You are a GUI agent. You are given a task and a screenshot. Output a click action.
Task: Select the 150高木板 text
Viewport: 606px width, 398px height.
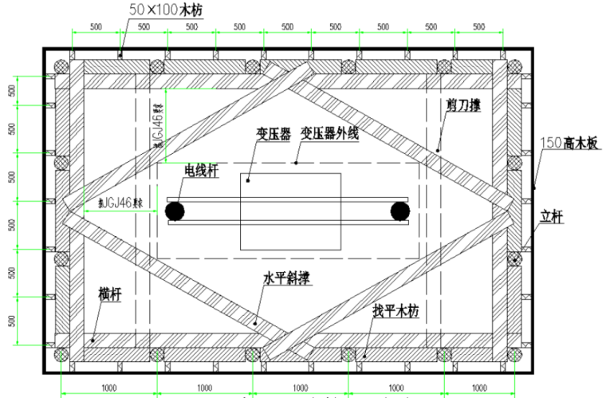[x=569, y=144]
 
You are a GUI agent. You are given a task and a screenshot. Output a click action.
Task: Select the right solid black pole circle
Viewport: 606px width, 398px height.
[x=399, y=211]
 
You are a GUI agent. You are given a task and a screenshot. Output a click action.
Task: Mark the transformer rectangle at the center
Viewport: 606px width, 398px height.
[x=290, y=211]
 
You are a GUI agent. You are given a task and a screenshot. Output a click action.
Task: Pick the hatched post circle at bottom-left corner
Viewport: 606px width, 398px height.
[x=60, y=354]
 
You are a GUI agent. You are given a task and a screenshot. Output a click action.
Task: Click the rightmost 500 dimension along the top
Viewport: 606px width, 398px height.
[x=478, y=26]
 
